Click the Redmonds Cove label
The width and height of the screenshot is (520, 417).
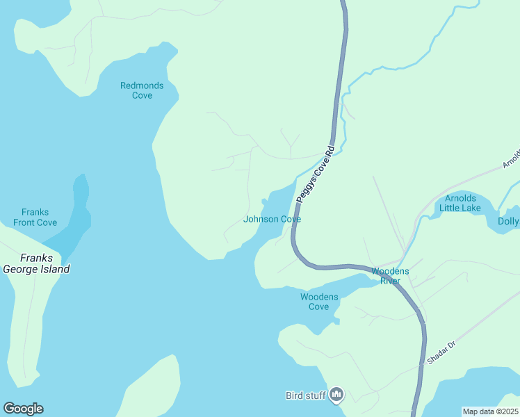click(142, 90)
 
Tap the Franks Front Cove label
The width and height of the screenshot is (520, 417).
click(35, 218)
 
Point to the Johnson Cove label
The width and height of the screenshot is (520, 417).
click(272, 219)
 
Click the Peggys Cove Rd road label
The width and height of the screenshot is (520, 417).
click(316, 174)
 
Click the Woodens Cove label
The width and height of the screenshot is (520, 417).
click(319, 302)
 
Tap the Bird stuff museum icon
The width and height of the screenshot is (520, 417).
click(336, 395)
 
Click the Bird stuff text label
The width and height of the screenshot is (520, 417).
click(306, 395)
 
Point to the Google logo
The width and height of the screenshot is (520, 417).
click(23, 409)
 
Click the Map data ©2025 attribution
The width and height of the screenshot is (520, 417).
click(490, 411)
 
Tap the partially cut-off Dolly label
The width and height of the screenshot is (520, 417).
click(508, 222)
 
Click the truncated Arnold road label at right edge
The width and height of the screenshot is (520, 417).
click(511, 158)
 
